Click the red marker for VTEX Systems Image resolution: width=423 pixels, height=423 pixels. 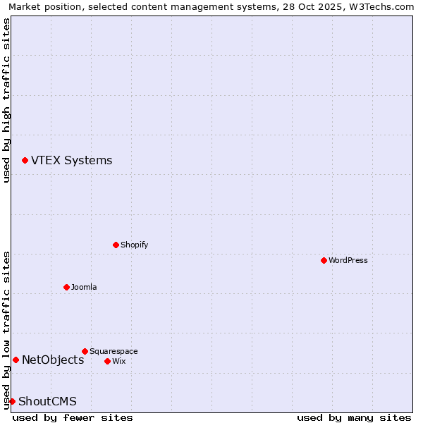25,161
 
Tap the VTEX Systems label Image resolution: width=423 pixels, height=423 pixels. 71,161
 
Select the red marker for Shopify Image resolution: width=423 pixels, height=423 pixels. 116,245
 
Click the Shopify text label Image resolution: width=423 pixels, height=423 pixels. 134,245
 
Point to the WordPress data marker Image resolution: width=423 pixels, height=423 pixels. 324,261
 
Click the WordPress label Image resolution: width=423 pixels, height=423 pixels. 348,261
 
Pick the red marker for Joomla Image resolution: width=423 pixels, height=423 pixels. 66,288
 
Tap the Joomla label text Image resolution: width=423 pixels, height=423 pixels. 84,288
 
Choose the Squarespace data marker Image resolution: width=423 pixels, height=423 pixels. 85,351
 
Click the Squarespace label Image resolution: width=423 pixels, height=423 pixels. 114,352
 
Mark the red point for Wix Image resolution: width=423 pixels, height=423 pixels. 107,362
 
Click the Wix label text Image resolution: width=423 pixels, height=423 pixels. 119,362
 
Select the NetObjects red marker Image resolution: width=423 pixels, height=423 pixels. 16,360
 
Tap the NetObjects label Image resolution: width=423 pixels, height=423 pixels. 53,360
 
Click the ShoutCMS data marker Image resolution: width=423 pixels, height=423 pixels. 12,402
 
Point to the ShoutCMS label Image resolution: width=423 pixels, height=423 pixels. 47,402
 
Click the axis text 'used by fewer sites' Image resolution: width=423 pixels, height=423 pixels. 73,418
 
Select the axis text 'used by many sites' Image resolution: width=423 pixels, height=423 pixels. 353,418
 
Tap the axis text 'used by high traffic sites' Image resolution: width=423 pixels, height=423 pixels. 7,100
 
